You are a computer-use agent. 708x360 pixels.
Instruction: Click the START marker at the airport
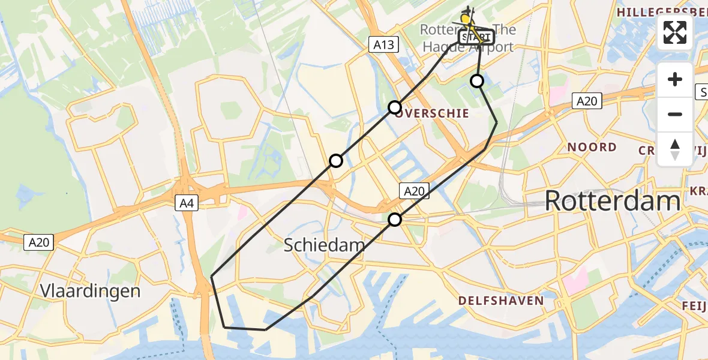point(477,37)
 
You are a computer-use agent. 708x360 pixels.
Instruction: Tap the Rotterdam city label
point(613,201)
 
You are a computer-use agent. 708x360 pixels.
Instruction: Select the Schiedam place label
point(324,245)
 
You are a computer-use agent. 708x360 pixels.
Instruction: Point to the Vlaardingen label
point(90,291)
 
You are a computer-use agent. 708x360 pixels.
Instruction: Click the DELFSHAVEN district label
point(501,301)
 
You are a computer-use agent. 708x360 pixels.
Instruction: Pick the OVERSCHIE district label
point(433,112)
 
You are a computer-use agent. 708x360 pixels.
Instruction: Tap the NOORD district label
point(592,147)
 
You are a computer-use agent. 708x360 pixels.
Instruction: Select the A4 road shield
point(185,203)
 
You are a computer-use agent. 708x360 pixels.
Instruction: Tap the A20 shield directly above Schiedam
point(413,191)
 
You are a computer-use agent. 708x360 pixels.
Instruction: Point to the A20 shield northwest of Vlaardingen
point(40,242)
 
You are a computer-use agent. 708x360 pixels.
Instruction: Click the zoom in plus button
point(675,80)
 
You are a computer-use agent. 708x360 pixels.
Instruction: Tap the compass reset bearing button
point(675,149)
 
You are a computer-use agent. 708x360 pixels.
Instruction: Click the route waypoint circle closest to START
point(477,81)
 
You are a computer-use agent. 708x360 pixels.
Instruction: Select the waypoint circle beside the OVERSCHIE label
point(395,107)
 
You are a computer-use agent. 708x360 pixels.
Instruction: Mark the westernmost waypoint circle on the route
point(336,161)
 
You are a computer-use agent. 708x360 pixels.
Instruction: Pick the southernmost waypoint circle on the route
point(395,220)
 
